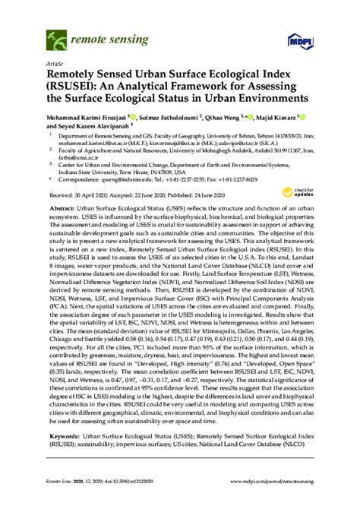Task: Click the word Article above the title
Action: (x=55, y=65)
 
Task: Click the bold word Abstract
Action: (x=62, y=207)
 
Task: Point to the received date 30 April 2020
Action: (x=84, y=194)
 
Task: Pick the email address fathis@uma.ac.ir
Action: (x=66, y=159)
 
